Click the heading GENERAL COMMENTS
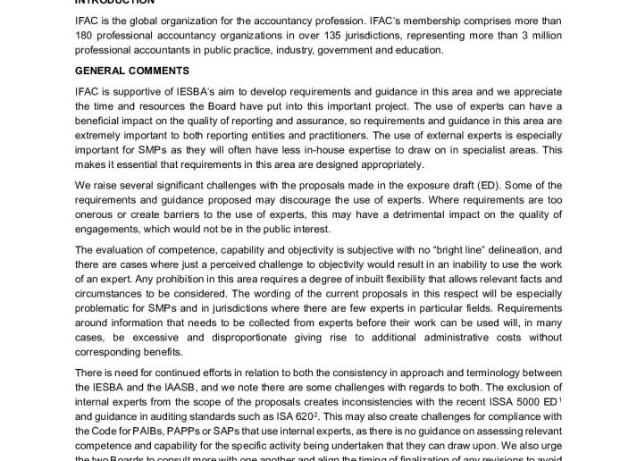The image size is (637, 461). tap(131, 71)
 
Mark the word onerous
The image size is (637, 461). tap(96, 214)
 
